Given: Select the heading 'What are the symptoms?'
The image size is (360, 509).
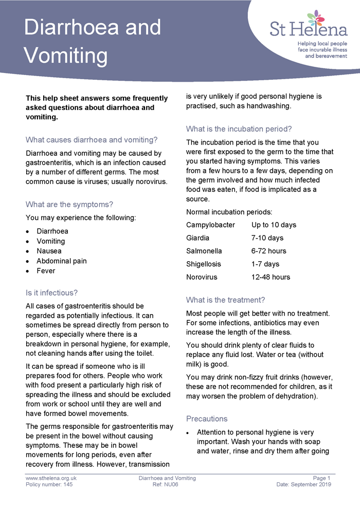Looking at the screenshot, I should (69, 204).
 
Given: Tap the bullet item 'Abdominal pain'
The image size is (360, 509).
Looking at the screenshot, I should (61, 261).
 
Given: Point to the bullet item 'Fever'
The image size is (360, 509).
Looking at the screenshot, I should (46, 270).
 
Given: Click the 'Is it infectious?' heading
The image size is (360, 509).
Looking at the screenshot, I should (51, 293).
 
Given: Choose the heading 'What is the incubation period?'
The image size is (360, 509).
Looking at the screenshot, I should (239, 129).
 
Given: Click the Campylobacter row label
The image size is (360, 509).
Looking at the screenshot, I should (210, 225).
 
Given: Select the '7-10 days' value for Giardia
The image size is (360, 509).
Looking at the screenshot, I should (267, 238).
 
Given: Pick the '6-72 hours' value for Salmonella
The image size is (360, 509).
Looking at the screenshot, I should (269, 251).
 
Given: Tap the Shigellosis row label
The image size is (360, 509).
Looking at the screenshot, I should (204, 264).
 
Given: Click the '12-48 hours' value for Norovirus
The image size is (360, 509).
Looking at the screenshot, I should (271, 277).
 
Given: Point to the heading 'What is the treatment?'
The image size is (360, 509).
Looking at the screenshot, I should (225, 300).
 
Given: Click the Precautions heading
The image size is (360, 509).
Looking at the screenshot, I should (207, 419).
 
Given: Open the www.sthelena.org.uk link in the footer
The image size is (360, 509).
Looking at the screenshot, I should (51, 478).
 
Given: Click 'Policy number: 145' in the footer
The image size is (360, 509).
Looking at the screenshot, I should (49, 484).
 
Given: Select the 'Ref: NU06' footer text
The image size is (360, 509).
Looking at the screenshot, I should (167, 484).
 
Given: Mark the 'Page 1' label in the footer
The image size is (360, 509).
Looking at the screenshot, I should (321, 478).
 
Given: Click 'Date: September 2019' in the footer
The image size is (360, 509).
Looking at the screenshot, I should (303, 484).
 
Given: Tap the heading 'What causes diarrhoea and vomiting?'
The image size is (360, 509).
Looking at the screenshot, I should (92, 139).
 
